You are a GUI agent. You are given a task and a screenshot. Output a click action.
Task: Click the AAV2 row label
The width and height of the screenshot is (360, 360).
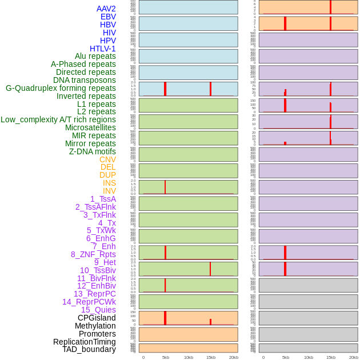[106, 9]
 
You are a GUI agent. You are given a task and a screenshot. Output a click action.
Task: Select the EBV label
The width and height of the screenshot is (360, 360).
[108, 17]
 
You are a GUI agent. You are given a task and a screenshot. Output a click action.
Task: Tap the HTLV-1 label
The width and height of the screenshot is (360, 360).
[103, 49]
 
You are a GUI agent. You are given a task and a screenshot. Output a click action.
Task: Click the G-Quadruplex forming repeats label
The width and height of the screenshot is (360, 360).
[61, 88]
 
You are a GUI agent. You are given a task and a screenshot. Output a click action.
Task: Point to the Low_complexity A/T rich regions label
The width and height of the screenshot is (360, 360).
[58, 119]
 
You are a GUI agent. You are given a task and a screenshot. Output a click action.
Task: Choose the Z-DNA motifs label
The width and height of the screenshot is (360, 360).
[93, 151]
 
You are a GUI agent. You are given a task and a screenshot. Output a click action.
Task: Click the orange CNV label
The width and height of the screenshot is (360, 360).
[107, 159]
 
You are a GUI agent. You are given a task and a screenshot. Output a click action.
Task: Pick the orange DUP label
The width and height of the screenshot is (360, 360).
[107, 175]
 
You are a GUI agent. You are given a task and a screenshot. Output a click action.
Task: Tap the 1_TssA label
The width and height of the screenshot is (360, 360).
[103, 199]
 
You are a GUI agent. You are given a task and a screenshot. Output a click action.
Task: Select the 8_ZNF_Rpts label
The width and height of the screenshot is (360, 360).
[93, 254]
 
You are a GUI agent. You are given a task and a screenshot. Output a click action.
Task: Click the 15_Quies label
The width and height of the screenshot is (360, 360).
[98, 310]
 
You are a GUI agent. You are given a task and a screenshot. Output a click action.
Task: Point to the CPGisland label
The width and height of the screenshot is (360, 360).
[97, 318]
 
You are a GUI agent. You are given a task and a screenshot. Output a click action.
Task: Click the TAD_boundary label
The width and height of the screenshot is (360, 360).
[89, 349]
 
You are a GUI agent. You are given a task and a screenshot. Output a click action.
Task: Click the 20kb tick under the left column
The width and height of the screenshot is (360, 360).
[234, 357]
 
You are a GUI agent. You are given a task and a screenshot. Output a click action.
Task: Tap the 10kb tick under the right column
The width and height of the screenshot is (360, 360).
[309, 357]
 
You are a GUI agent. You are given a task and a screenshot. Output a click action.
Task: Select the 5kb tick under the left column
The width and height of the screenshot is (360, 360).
[166, 357]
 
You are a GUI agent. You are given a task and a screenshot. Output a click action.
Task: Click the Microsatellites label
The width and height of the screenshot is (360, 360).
[90, 127]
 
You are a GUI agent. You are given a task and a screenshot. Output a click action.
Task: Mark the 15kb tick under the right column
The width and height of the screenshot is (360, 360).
[331, 357]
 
